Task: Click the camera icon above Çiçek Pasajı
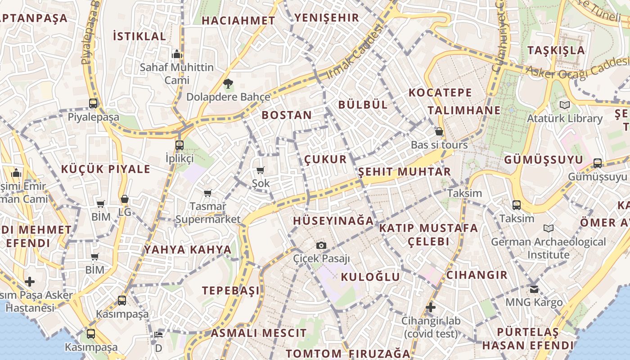tap(321, 245)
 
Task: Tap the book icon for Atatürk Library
tap(564, 105)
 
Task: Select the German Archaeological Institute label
tap(548, 248)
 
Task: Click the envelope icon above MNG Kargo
tap(534, 289)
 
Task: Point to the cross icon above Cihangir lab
tap(431, 307)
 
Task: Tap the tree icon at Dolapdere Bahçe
tap(228, 83)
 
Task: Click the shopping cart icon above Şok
tap(260, 170)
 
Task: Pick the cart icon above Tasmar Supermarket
tap(207, 193)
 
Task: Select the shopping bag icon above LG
tap(125, 199)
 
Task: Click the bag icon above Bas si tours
tap(439, 131)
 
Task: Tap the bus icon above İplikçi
tap(180, 145)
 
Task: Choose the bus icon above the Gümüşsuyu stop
tap(598, 163)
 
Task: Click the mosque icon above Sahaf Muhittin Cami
tap(177, 54)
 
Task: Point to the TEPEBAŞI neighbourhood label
tap(231, 290)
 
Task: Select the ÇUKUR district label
tap(325, 159)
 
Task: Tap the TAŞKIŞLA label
tap(556, 50)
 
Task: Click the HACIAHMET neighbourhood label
tap(238, 20)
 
